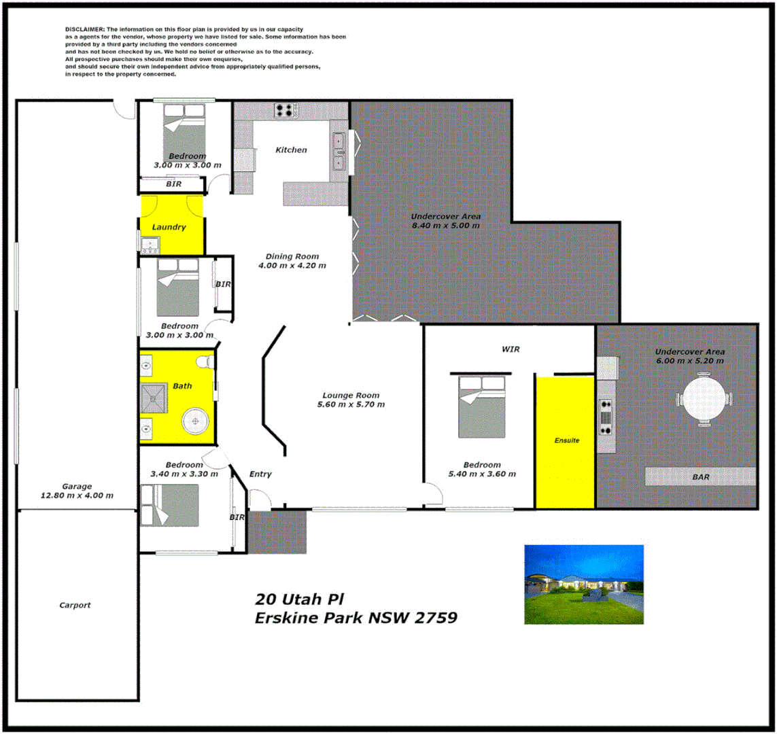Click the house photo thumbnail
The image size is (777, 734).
coord(583,584)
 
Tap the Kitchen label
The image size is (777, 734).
coord(291,150)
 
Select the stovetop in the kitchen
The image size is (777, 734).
coord(286,110)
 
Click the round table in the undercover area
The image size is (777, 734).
coord(705,400)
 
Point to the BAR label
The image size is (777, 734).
coord(701,477)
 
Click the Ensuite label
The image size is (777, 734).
coord(566,440)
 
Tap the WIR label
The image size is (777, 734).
coord(511,349)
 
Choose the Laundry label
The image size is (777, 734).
coord(169,227)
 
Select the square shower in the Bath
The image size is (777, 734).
coord(153,398)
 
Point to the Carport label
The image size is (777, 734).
coord(75,605)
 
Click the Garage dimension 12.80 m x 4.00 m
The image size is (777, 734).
coord(76,495)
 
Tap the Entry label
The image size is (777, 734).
coord(260,474)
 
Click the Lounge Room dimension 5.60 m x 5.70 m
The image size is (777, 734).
coord(351,404)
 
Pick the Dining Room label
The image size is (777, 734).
coord(292,256)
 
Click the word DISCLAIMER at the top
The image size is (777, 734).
coord(85,29)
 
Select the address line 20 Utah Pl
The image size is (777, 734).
coord(299,599)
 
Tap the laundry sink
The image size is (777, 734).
coord(150,243)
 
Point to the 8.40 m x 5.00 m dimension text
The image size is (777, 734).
coord(445,226)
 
